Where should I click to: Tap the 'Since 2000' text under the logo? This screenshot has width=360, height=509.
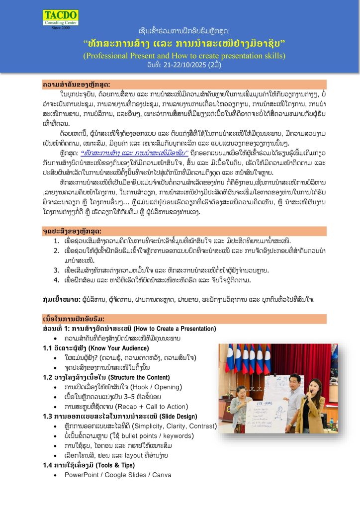60,28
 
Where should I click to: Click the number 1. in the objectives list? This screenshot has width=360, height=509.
58,241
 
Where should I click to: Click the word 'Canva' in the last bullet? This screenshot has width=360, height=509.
162,475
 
